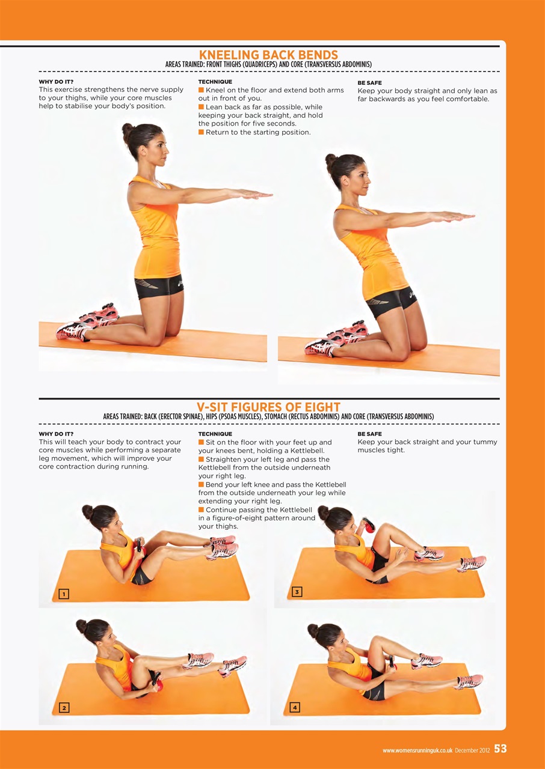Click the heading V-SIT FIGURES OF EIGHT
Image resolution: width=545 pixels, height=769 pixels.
pyautogui.click(x=268, y=407)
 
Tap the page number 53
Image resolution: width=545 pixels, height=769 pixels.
pyautogui.click(x=500, y=749)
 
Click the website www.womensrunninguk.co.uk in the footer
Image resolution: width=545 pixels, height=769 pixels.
pyautogui.click(x=417, y=750)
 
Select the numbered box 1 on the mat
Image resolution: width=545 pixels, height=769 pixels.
pyautogui.click(x=64, y=594)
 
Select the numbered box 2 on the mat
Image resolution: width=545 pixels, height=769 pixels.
pyautogui.click(x=64, y=708)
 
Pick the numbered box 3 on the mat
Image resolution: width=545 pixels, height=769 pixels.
pyautogui.click(x=297, y=592)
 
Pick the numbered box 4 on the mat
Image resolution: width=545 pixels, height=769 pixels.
pyautogui.click(x=295, y=708)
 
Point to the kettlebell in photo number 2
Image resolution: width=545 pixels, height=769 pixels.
pyautogui.click(x=156, y=681)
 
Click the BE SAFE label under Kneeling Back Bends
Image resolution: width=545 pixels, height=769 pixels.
pyautogui.click(x=369, y=83)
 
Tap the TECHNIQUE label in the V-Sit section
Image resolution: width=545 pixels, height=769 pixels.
pyautogui.click(x=215, y=434)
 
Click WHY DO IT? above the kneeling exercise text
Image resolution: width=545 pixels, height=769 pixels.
pyautogui.click(x=56, y=82)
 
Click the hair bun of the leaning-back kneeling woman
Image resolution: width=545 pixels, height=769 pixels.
pyautogui.click(x=331, y=159)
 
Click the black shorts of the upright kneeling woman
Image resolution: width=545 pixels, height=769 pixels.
pyautogui.click(x=158, y=286)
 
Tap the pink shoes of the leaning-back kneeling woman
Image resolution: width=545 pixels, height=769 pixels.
pyautogui.click(x=337, y=338)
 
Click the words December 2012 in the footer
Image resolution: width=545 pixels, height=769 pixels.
pyautogui.click(x=472, y=750)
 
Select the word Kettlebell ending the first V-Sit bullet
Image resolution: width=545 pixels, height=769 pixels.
pyautogui.click(x=308, y=451)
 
